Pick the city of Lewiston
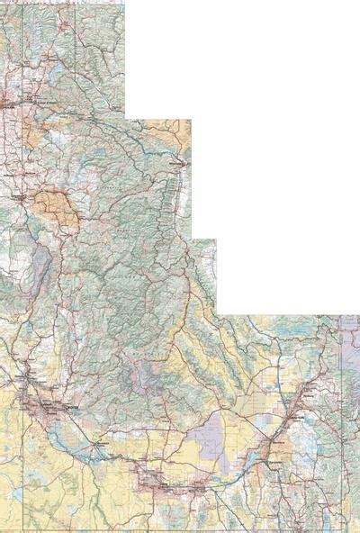tap(13, 194)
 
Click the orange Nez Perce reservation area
tap(56, 206)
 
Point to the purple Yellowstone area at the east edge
tap(351, 351)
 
